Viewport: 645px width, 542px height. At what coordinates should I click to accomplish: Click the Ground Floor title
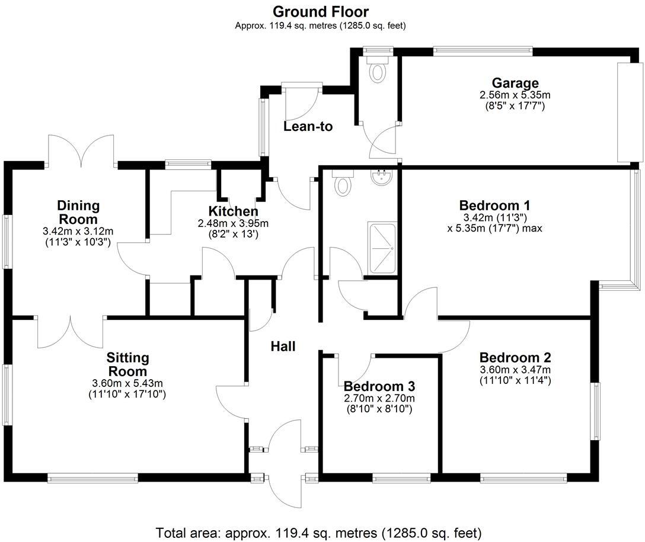click(x=320, y=11)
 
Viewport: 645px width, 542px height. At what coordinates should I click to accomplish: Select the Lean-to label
click(x=308, y=126)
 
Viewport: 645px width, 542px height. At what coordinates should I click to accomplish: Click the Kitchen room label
click(x=233, y=211)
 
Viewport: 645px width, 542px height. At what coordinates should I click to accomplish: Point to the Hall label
click(x=283, y=347)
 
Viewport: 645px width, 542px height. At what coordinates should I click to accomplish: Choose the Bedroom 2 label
click(x=515, y=358)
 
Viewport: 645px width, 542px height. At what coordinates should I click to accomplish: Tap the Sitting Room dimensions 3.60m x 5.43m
click(x=127, y=382)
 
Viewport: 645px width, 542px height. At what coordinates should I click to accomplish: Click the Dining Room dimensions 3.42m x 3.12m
click(x=78, y=231)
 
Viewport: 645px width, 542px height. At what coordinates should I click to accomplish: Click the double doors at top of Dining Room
click(x=81, y=152)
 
